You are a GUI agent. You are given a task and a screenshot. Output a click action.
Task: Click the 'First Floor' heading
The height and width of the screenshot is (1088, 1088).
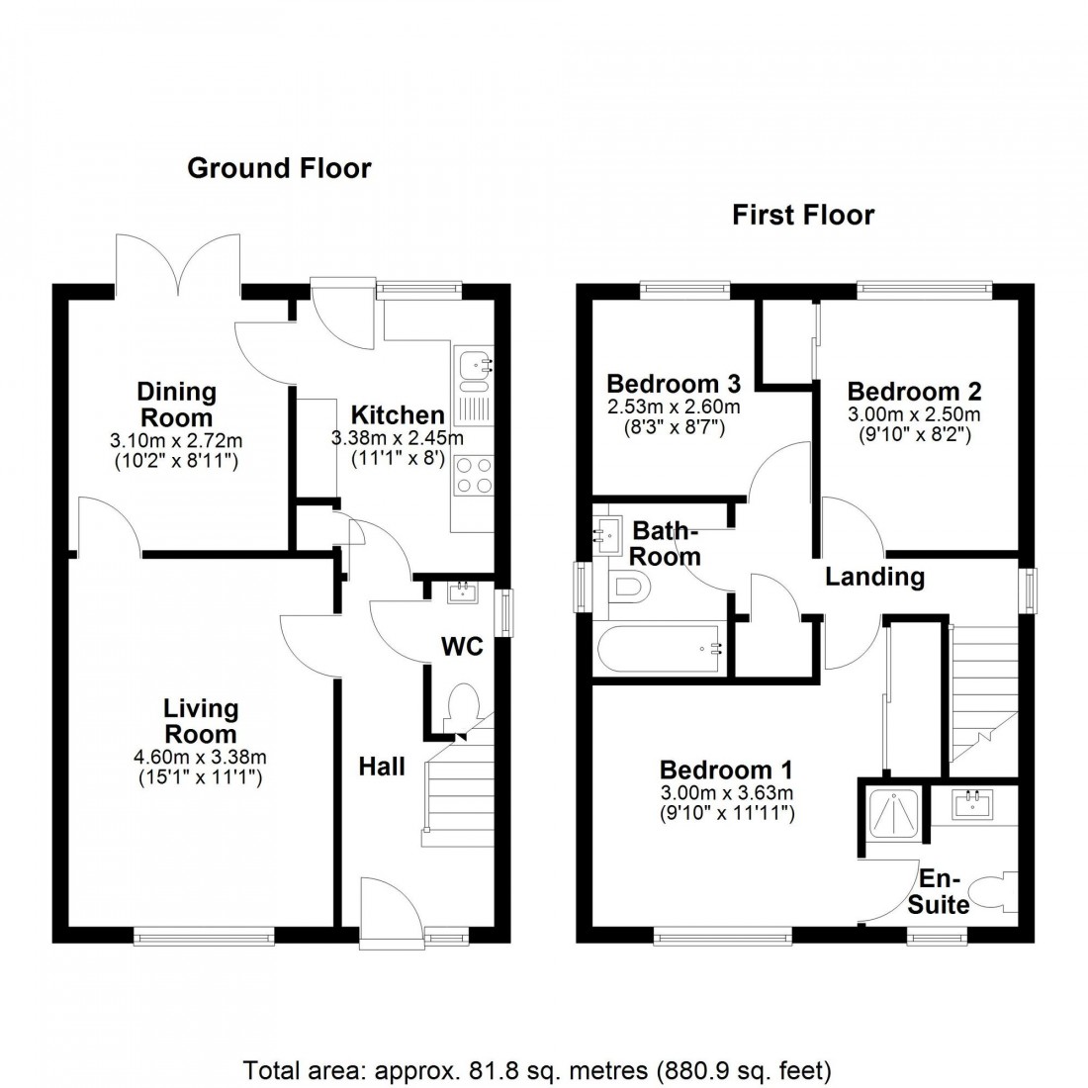(x=803, y=215)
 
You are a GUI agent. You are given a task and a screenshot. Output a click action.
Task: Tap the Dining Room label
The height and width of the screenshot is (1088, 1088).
(x=175, y=405)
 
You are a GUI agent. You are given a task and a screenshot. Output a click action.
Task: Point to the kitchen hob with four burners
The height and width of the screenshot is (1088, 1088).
(x=473, y=476)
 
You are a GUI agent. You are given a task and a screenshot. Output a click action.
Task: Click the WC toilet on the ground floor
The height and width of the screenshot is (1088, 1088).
(x=463, y=706)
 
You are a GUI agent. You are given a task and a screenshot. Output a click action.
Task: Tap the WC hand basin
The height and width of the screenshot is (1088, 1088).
(x=461, y=592)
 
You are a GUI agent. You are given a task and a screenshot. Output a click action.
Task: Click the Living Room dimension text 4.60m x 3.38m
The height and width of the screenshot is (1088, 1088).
(x=202, y=758)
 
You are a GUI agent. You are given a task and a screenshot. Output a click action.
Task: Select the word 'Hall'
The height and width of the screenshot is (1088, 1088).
(x=382, y=766)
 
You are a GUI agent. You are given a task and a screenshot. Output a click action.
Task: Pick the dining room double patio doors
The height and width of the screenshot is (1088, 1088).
(x=178, y=265)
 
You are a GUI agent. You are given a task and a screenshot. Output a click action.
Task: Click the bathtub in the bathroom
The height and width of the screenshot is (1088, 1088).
(x=661, y=650)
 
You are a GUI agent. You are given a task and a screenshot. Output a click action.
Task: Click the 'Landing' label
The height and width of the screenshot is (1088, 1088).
(x=875, y=576)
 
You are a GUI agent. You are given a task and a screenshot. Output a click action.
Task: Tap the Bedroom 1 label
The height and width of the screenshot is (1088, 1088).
(x=726, y=770)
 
